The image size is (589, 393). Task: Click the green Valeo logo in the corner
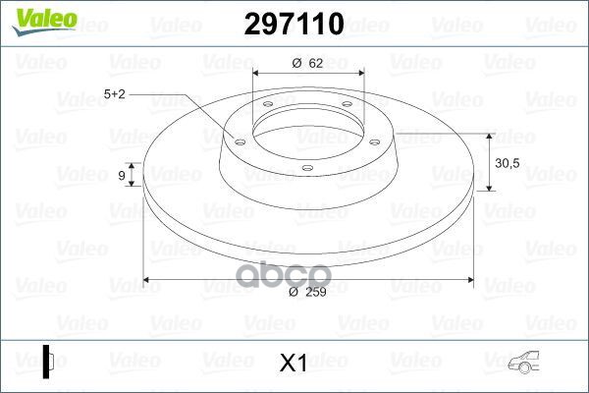(45, 21)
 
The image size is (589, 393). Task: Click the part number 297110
(294, 24)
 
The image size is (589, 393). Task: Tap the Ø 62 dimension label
(307, 63)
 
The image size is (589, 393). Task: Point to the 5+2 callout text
(114, 94)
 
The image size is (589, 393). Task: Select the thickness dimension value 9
(122, 175)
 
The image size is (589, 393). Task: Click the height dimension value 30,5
(508, 163)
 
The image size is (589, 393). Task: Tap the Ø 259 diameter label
(307, 292)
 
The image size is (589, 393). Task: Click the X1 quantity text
(294, 363)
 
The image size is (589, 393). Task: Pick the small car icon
(523, 363)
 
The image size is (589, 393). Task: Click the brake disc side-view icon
(47, 362)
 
